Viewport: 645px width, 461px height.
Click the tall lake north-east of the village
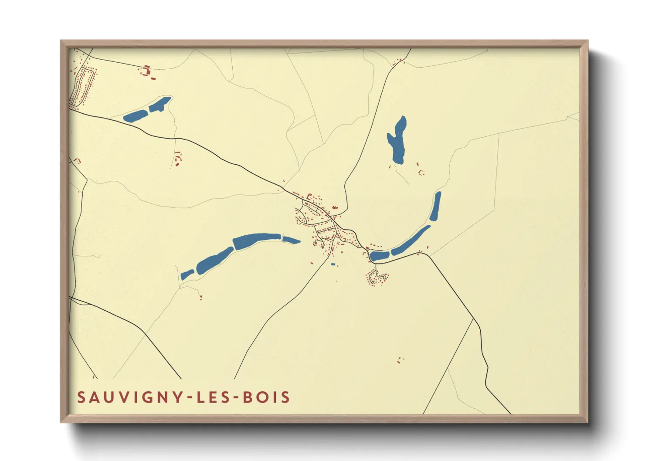click(397, 140)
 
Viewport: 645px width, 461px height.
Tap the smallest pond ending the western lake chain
click(187, 275)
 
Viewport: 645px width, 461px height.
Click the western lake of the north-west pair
click(135, 116)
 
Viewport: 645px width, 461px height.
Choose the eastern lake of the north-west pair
click(160, 104)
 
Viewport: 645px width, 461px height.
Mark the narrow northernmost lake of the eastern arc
click(435, 206)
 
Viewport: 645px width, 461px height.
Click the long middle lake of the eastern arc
click(410, 241)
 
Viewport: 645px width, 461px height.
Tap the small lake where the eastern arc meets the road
click(379, 256)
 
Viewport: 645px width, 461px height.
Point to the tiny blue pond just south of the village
click(333, 264)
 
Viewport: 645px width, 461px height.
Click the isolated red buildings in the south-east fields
click(400, 360)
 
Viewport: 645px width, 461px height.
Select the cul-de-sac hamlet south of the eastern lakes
click(377, 278)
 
